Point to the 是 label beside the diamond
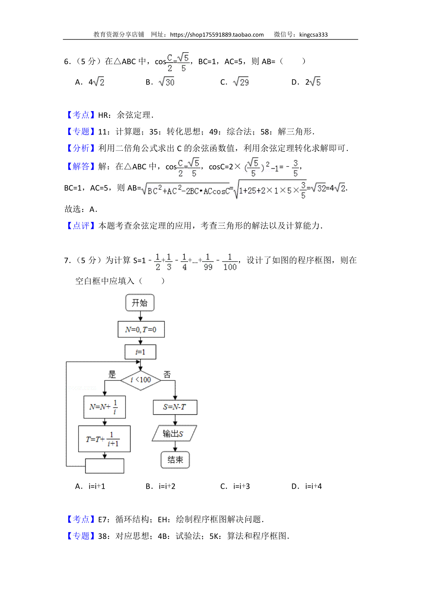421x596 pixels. pos(112,374)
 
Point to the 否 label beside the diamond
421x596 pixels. pos(167,374)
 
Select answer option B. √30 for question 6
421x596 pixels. pos(160,82)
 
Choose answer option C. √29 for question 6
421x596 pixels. pos(235,82)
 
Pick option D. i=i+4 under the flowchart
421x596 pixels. pos(307,486)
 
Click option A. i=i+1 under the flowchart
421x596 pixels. pos(90,486)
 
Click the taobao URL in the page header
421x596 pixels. pos(217,35)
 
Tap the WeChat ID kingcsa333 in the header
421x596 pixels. pos(313,35)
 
